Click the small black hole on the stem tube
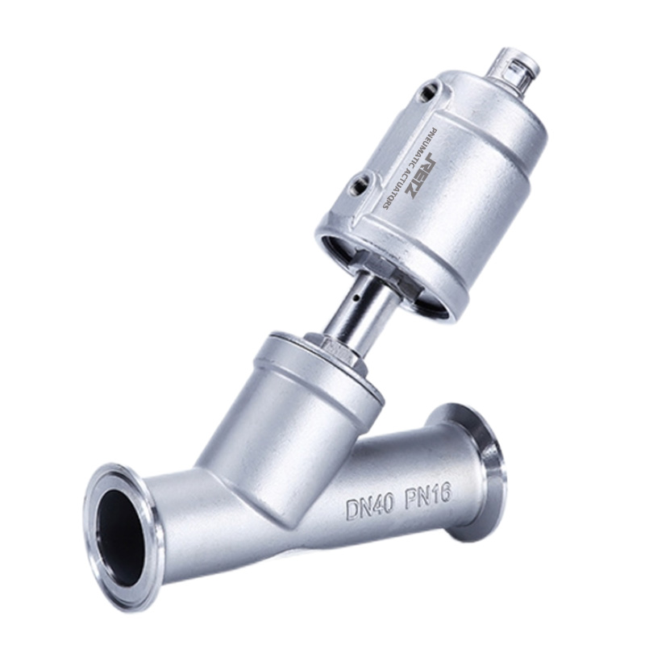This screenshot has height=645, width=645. click(358, 296)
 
